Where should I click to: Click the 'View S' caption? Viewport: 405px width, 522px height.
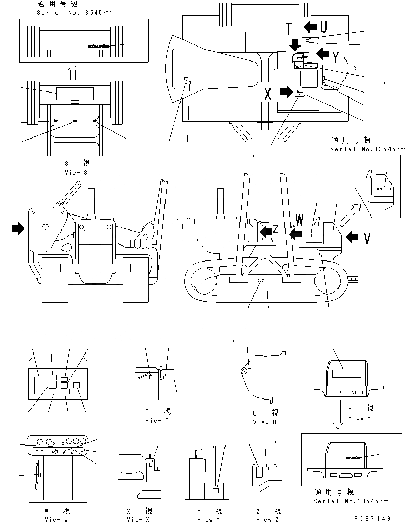pyautogui.click(x=76, y=172)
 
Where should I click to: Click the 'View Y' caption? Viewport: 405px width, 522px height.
pyautogui.click(x=205, y=519)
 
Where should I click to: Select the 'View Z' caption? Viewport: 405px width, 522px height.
pyautogui.click(x=267, y=519)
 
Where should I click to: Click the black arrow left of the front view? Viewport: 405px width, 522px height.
pyautogui.click(x=19, y=228)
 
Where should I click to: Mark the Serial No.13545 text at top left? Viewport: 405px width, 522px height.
pyautogui.click(x=63, y=11)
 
